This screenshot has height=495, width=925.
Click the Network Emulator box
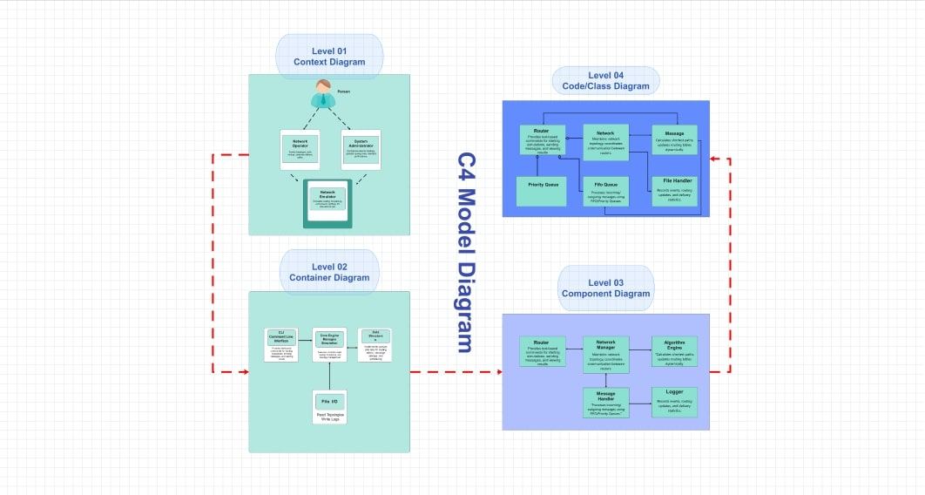click(327, 201)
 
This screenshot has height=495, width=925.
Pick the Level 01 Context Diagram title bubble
click(329, 57)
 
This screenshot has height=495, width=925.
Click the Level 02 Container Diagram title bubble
click(329, 272)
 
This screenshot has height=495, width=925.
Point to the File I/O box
click(329, 406)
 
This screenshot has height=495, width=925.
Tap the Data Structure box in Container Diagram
click(375, 345)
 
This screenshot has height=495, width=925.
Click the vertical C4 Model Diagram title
click(466, 253)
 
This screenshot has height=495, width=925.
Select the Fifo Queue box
click(605, 191)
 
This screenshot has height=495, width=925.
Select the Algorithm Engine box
click(674, 351)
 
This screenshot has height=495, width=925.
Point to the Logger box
click(674, 402)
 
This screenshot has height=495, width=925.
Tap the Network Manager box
click(605, 353)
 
